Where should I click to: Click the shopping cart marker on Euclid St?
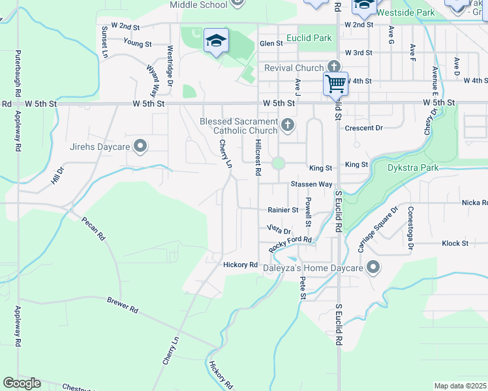pos(335,83)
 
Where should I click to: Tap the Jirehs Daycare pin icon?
pos(139,147)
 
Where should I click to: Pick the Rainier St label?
pos(282,210)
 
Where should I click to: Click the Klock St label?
pos(455,243)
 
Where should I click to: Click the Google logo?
pos(22,383)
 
